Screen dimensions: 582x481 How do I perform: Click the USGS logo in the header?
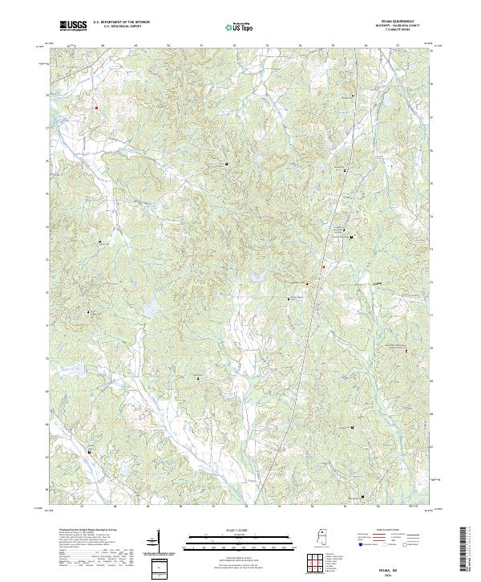[x=73, y=26]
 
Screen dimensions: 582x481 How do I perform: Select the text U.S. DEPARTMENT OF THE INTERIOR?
[x=119, y=23]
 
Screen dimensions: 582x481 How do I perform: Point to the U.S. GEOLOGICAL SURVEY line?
[x=117, y=27]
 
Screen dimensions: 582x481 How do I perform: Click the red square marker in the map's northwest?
[x=96, y=108]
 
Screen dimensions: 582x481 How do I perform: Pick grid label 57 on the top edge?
[x=398, y=46]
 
